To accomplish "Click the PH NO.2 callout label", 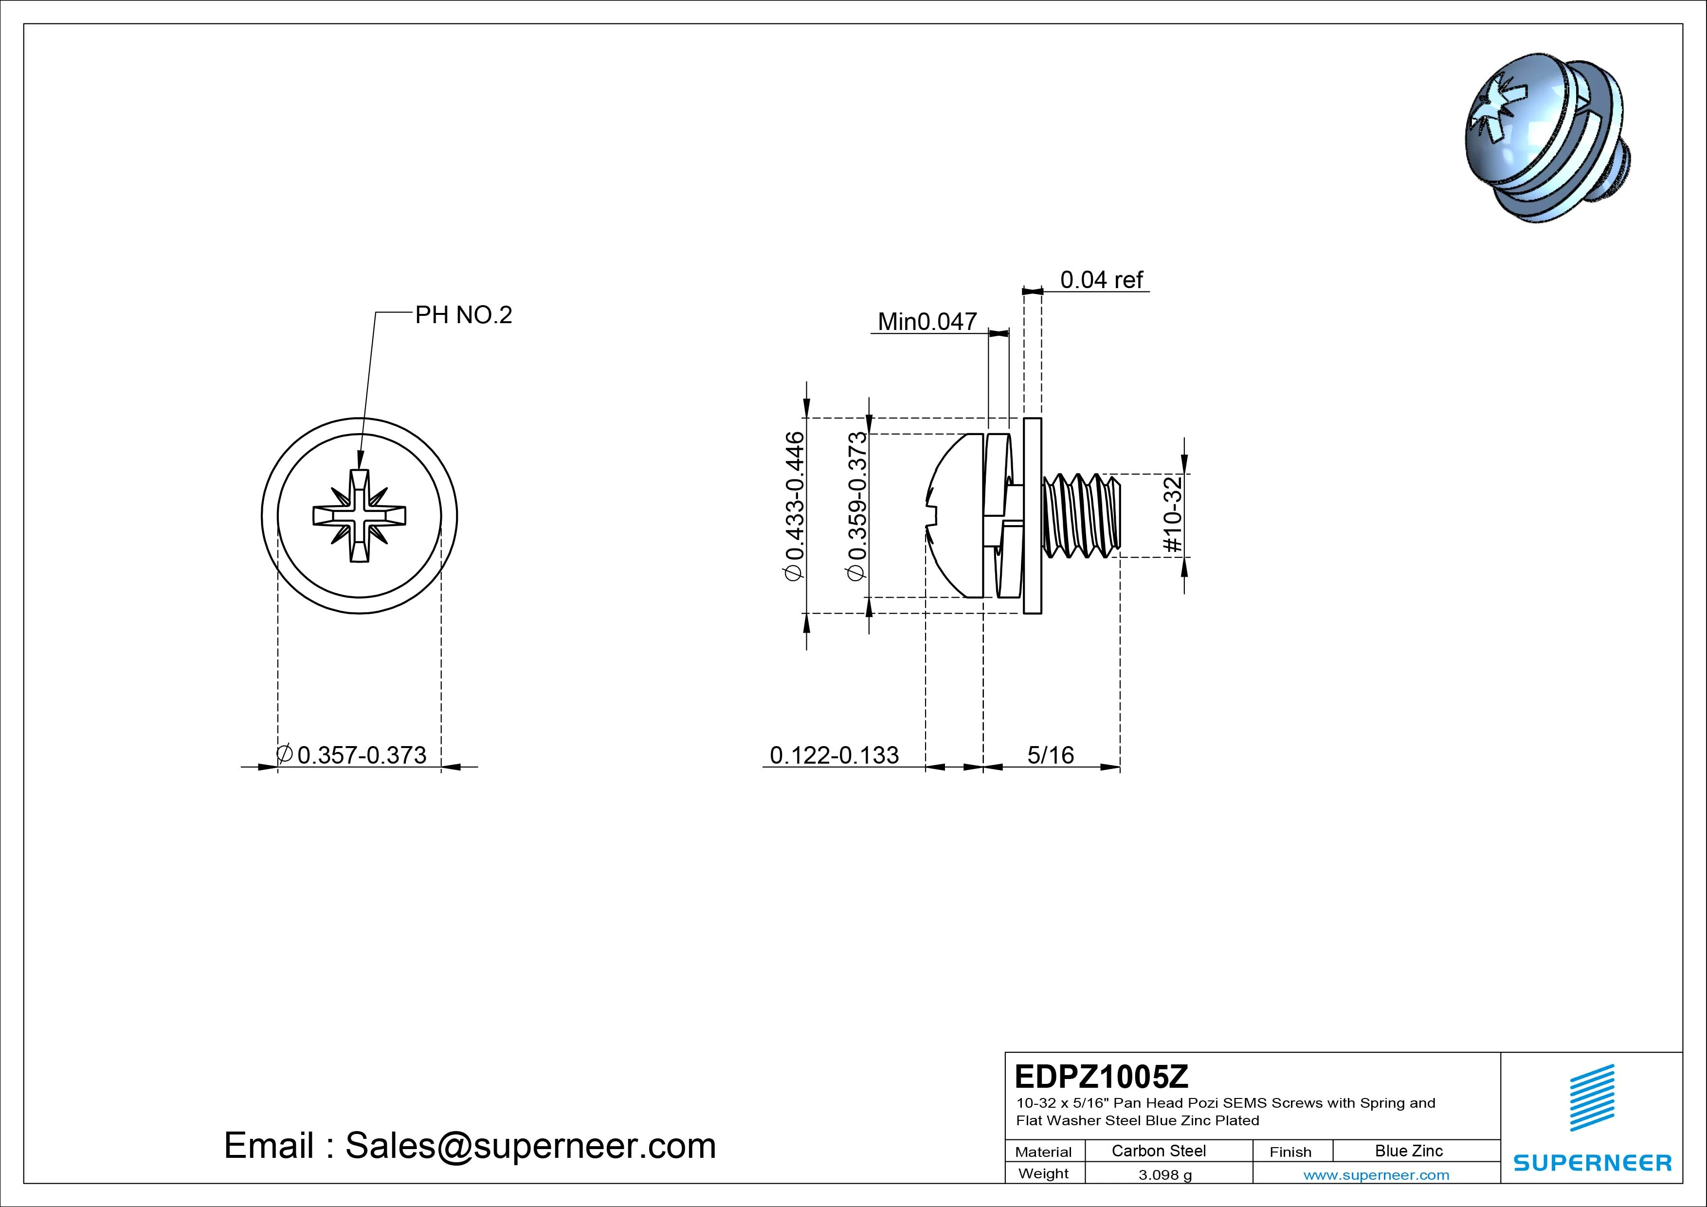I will click(463, 315).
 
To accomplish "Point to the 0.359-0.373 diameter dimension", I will click(857, 506).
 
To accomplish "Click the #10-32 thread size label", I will click(1172, 514).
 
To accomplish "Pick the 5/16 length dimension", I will click(1051, 755).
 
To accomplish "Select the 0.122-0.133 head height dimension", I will click(834, 755).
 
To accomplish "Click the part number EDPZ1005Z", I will click(1101, 1076).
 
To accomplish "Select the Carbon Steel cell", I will click(1158, 1151).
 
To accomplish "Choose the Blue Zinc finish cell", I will click(1408, 1151).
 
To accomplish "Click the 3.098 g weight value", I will click(1165, 1175).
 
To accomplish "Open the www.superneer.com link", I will click(1376, 1175).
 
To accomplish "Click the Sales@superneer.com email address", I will click(530, 1145).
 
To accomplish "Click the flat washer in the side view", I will click(1032, 515).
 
